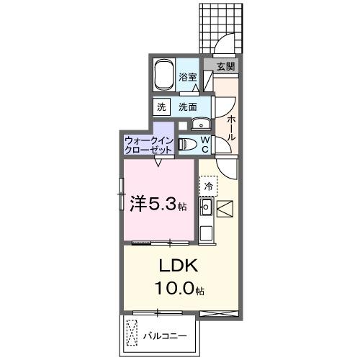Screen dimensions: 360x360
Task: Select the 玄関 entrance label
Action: pyautogui.click(x=225, y=66)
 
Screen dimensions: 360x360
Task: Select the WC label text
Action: pyautogui.click(x=204, y=143)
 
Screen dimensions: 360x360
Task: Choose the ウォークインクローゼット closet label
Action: pyautogui.click(x=148, y=145)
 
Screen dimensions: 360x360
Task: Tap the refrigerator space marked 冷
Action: pyautogui.click(x=209, y=186)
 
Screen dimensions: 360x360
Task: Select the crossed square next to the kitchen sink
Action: pyautogui.click(x=225, y=209)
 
